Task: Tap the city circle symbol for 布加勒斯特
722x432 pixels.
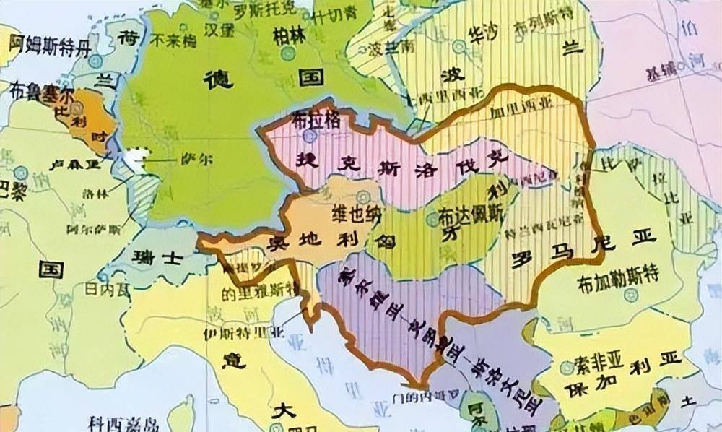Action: tap(631, 295)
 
